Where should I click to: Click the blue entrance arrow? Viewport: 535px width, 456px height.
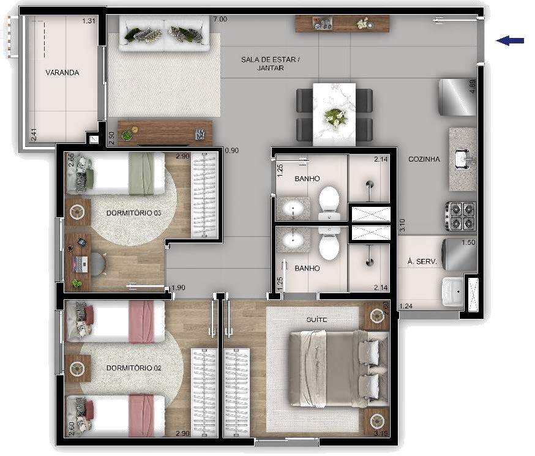[510, 40]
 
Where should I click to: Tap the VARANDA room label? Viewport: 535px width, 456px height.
[62, 73]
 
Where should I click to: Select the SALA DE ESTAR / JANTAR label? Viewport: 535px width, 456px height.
[270, 64]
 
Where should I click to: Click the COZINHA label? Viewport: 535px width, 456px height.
[424, 159]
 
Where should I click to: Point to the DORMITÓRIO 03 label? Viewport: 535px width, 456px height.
[133, 213]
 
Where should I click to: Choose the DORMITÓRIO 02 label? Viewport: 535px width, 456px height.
[133, 368]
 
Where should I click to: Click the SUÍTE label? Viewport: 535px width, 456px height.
[316, 320]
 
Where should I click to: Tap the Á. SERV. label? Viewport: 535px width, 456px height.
[422, 261]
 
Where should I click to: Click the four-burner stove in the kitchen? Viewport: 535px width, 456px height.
[460, 216]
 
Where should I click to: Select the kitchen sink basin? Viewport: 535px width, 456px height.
[465, 159]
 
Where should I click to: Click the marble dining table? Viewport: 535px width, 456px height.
[334, 114]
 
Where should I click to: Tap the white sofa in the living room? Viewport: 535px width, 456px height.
[164, 34]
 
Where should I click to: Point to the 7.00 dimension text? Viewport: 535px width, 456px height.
[220, 20]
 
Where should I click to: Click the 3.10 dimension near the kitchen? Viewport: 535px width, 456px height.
[402, 225]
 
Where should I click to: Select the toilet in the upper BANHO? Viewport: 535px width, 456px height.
[329, 203]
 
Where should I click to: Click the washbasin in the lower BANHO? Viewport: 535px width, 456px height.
[293, 239]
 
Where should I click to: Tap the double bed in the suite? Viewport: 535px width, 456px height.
[339, 369]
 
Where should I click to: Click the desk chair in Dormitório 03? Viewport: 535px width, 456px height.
[99, 263]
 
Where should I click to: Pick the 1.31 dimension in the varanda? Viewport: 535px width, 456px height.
[89, 21]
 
